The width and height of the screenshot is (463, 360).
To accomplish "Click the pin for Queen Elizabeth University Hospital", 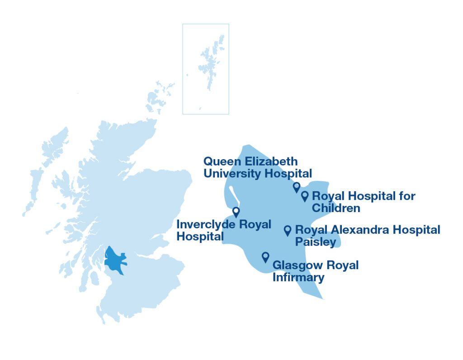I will tap(297, 187).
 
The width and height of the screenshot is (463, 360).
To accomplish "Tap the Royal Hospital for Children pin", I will tap(305, 195).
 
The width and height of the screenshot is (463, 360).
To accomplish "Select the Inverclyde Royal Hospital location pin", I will tap(236, 212).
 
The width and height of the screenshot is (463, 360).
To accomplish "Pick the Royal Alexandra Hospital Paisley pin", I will tap(287, 230).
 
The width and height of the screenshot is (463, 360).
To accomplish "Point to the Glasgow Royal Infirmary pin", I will tap(265, 256).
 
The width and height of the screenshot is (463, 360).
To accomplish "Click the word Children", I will tap(336, 208).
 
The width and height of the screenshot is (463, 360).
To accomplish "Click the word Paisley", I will tap(316, 242).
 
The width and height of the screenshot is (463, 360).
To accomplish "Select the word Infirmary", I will tap(298, 277).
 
